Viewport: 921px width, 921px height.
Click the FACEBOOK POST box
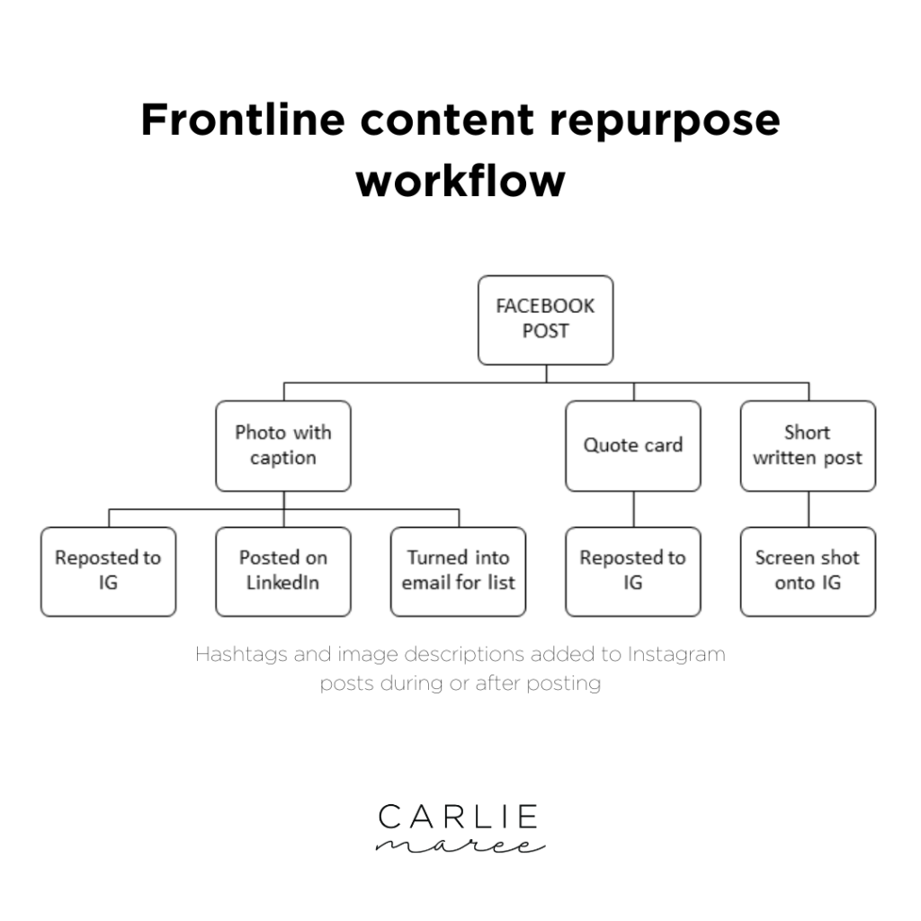click(545, 319)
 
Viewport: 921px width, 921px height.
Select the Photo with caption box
click(283, 445)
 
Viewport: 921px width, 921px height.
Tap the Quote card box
click(633, 445)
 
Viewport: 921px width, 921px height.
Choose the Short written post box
click(808, 445)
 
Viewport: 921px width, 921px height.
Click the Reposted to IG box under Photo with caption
click(108, 571)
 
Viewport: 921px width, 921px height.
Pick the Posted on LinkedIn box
click(283, 571)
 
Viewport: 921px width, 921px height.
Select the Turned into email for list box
click(459, 571)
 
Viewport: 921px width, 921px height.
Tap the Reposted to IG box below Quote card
click(633, 571)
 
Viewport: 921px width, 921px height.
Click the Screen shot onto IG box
click(808, 571)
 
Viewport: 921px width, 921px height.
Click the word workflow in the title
click(460, 180)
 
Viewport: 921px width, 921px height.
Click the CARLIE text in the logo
click(458, 817)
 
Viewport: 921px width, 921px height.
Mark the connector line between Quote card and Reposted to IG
click(633, 509)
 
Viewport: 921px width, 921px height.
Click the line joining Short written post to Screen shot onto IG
click(808, 509)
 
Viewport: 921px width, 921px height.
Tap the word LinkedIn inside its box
click(283, 583)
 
